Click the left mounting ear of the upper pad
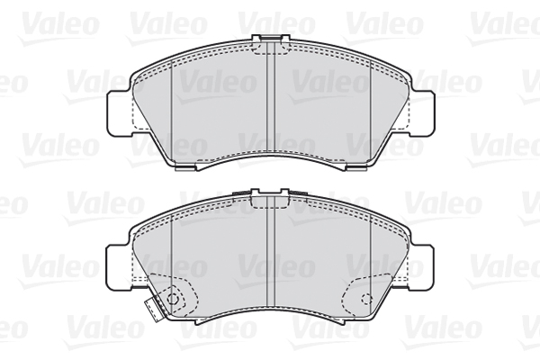click(x=120, y=113)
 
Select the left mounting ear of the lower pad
click(x=120, y=267)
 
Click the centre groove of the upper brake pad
click(x=272, y=97)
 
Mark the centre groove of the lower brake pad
click(x=272, y=251)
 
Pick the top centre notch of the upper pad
click(x=271, y=39)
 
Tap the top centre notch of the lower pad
click(x=271, y=193)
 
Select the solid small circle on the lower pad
click(x=173, y=298)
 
